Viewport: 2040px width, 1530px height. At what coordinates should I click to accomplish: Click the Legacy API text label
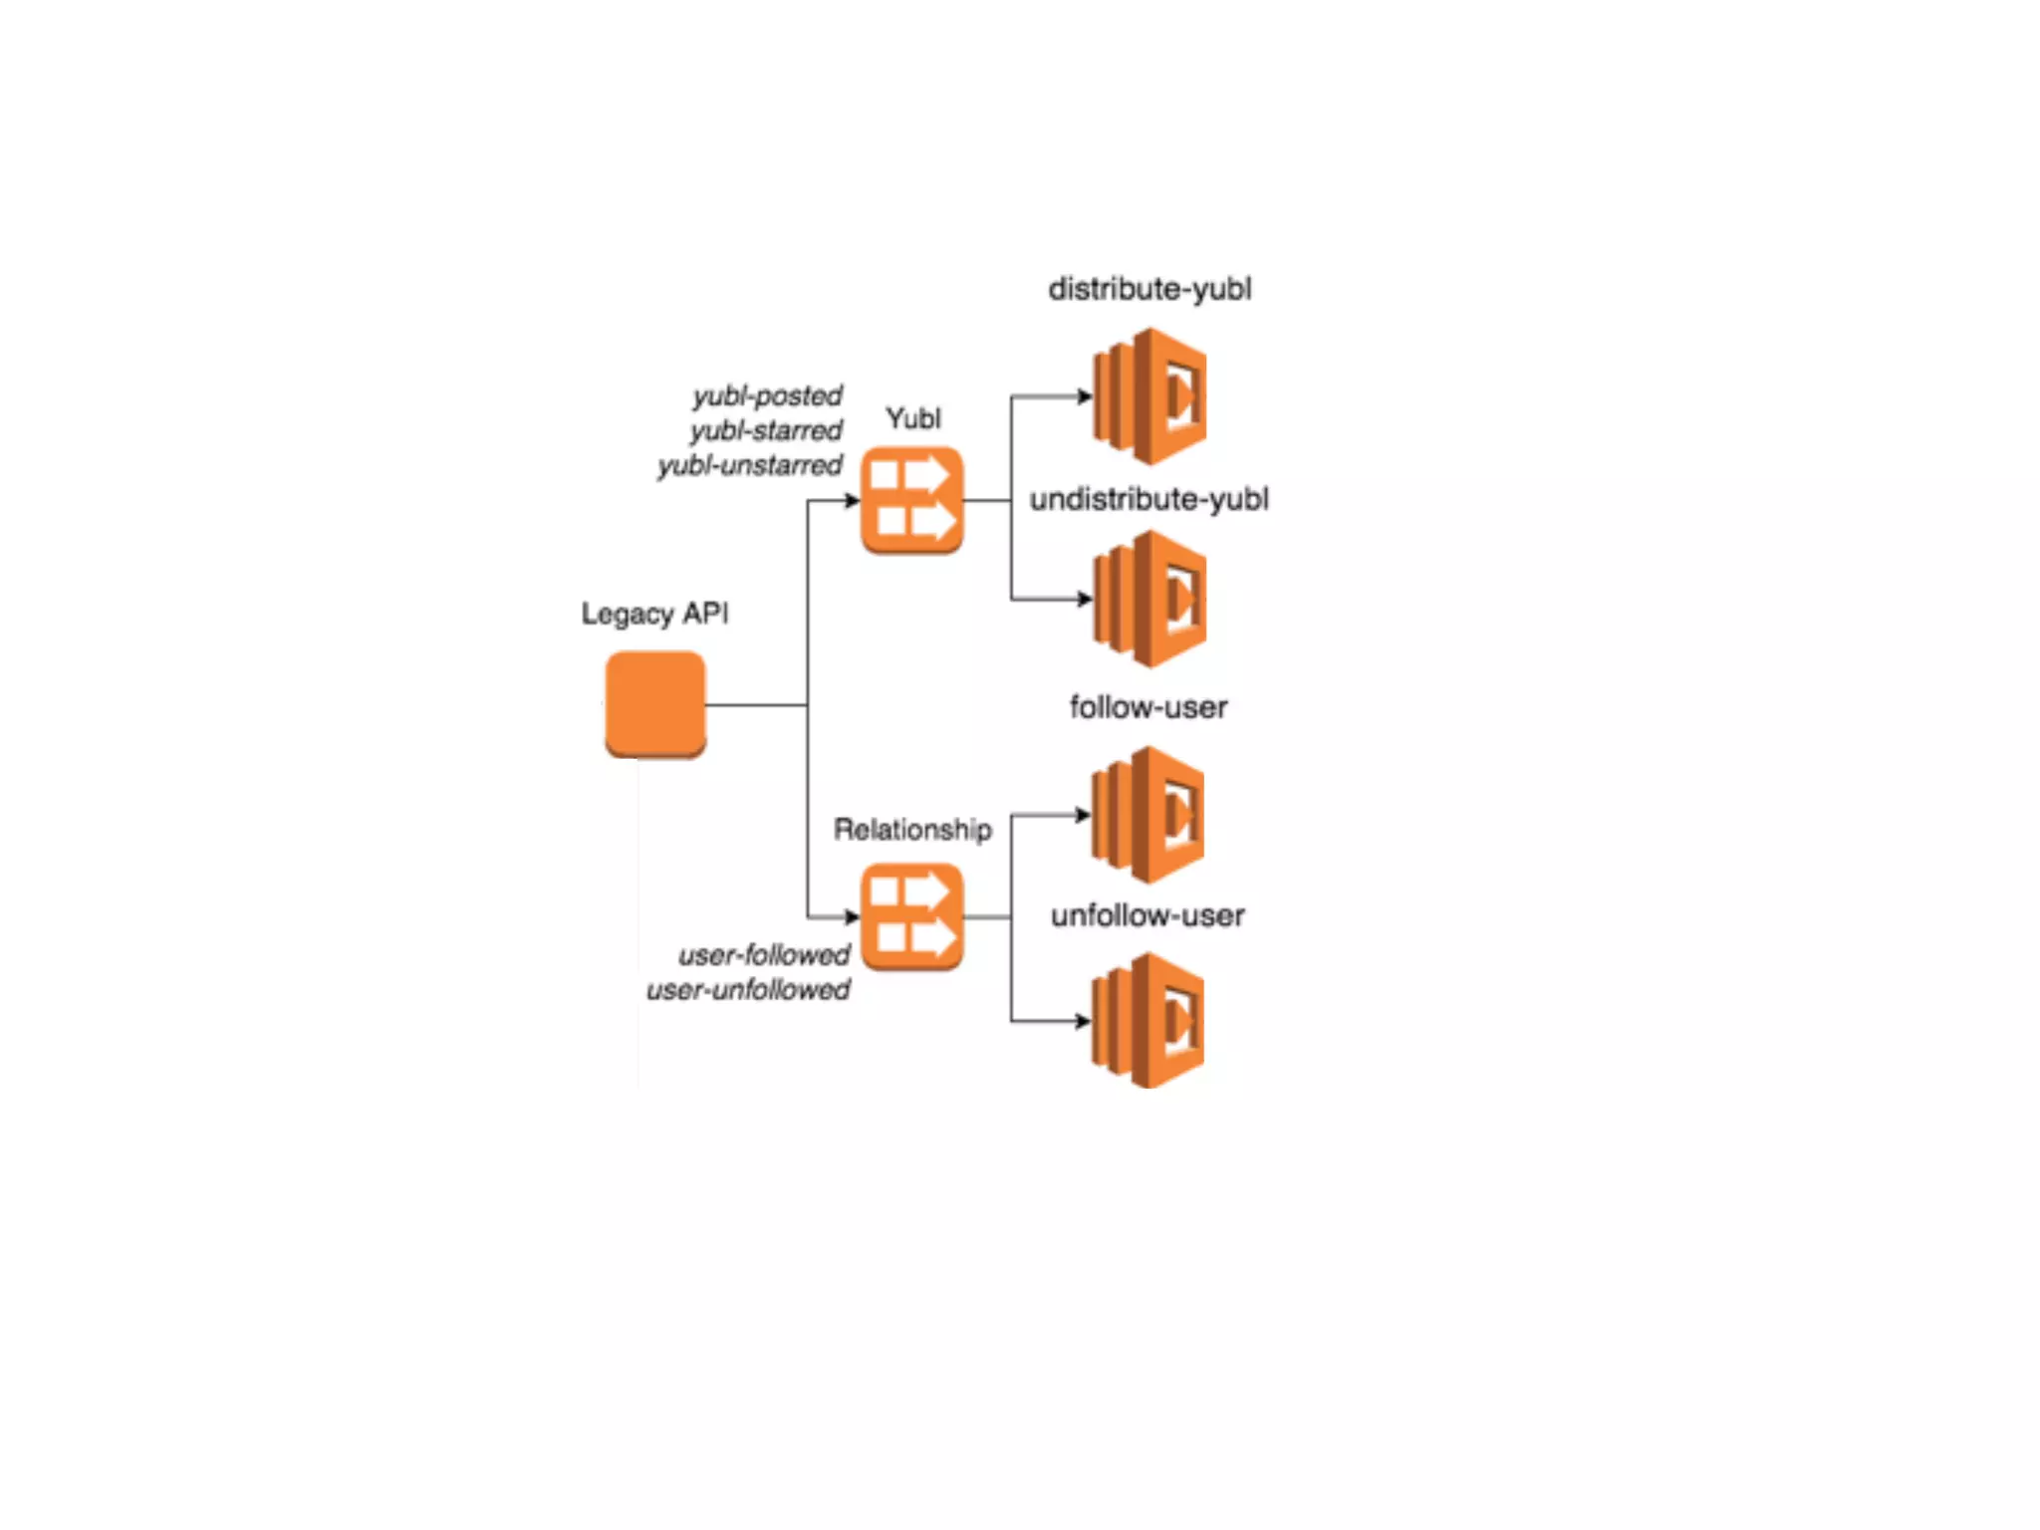click(x=654, y=614)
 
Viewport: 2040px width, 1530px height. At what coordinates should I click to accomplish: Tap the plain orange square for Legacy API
click(x=655, y=703)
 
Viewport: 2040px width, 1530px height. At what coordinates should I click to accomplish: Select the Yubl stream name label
click(x=912, y=418)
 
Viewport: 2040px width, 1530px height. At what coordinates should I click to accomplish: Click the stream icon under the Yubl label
click(x=911, y=500)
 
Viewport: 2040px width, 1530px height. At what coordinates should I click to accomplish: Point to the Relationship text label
click(x=912, y=829)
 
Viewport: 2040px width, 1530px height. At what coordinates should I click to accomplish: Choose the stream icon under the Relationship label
click(x=911, y=916)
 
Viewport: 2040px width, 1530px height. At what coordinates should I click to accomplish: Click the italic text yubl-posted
click(x=768, y=395)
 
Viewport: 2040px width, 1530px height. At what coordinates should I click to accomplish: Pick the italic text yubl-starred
click(x=766, y=430)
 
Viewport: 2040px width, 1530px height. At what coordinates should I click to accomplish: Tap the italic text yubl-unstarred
click(x=750, y=465)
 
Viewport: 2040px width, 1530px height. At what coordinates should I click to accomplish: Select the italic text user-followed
click(x=764, y=955)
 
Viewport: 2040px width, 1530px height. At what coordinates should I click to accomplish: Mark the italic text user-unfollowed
click(x=748, y=990)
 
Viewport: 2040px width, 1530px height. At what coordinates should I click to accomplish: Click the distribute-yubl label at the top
click(x=1149, y=289)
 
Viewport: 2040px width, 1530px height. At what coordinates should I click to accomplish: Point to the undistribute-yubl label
click(x=1148, y=499)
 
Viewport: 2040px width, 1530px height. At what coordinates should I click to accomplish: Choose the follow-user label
click(x=1148, y=707)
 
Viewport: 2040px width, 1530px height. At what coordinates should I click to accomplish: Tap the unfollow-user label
click(x=1147, y=915)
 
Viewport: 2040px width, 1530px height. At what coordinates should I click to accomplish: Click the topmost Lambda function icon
click(x=1149, y=396)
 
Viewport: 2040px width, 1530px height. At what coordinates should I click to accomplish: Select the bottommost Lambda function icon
click(x=1147, y=1020)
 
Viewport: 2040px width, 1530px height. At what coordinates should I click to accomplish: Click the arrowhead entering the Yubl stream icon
click(x=853, y=500)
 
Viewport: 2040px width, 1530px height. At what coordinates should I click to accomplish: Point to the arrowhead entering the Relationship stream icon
click(x=853, y=916)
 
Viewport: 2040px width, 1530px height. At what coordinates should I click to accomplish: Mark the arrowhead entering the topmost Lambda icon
click(x=1085, y=396)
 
